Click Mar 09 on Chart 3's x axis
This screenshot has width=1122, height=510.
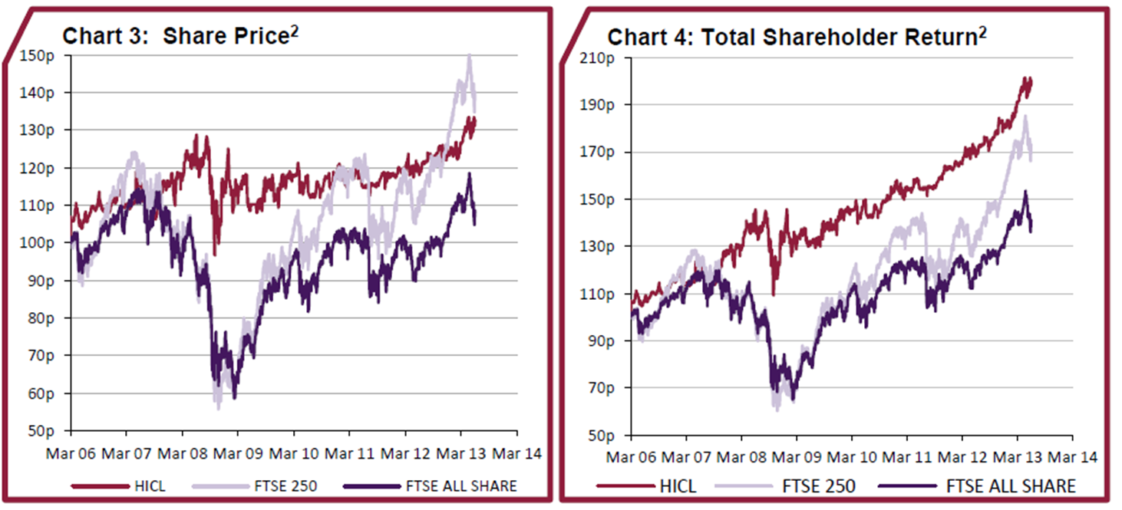click(x=237, y=453)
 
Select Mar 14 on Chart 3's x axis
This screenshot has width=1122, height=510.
click(x=516, y=453)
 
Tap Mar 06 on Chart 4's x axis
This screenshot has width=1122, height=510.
click(x=631, y=459)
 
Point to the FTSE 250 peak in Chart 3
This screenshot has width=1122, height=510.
click(x=469, y=55)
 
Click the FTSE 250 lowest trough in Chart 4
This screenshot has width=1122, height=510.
click(x=777, y=410)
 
